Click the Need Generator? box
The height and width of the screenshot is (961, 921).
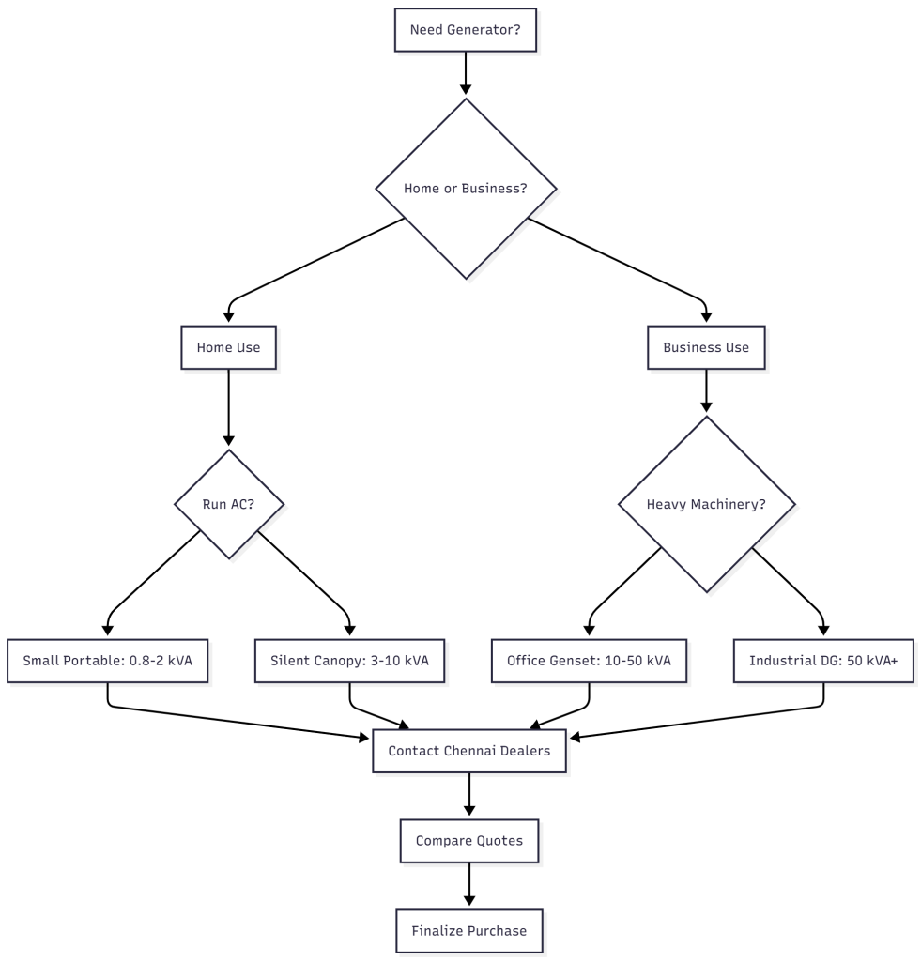466,30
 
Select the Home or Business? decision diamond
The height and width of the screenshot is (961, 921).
466,189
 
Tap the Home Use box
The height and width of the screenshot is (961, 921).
228,347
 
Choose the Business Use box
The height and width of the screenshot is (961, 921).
705,347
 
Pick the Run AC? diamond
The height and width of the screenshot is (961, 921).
228,504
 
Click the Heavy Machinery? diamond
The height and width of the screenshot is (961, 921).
706,504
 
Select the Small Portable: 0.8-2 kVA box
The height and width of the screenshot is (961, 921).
108,661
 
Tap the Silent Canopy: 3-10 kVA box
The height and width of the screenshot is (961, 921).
349,661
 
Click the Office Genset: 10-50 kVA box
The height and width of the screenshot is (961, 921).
589,661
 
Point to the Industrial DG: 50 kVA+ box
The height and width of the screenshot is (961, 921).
823,661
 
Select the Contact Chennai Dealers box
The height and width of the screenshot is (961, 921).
468,751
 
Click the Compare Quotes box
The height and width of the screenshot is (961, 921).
468,841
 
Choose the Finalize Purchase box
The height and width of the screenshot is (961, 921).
468,931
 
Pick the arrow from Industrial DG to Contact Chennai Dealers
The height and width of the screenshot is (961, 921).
714,720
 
